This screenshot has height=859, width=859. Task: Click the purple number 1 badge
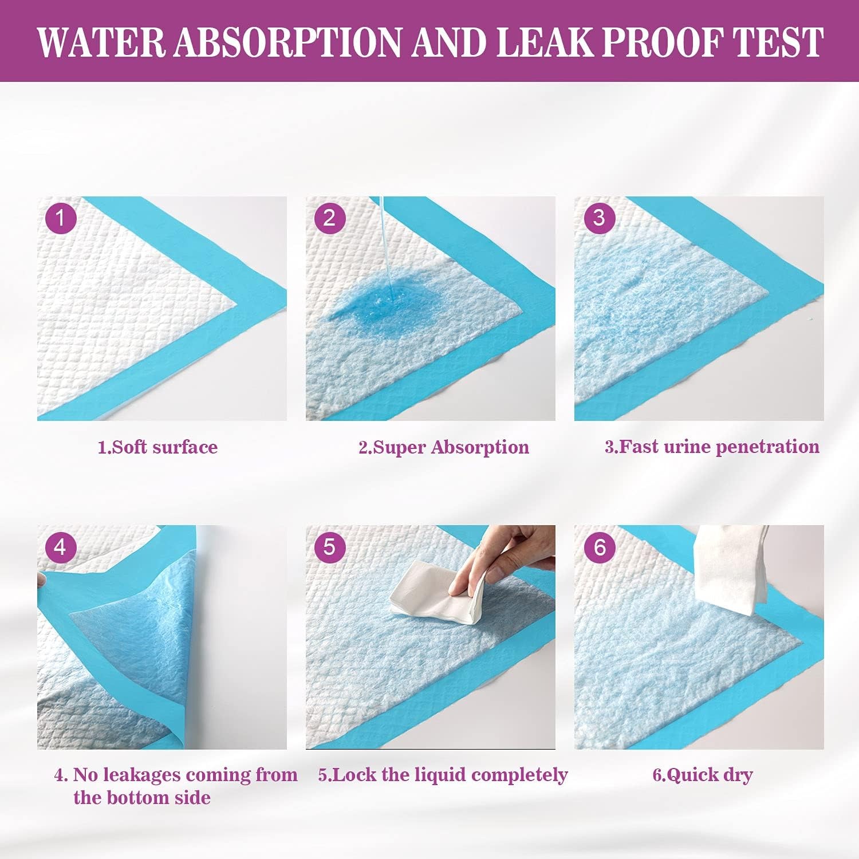point(60,218)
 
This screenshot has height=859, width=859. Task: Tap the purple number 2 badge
point(329,218)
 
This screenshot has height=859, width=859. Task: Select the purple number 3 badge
point(599,218)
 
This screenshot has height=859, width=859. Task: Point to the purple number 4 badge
point(60,547)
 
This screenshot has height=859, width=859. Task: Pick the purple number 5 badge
point(329,547)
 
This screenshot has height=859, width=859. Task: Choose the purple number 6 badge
point(599,547)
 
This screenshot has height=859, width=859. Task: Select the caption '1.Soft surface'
point(157,447)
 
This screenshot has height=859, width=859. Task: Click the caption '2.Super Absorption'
point(444,447)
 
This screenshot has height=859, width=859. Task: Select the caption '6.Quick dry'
point(703,775)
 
